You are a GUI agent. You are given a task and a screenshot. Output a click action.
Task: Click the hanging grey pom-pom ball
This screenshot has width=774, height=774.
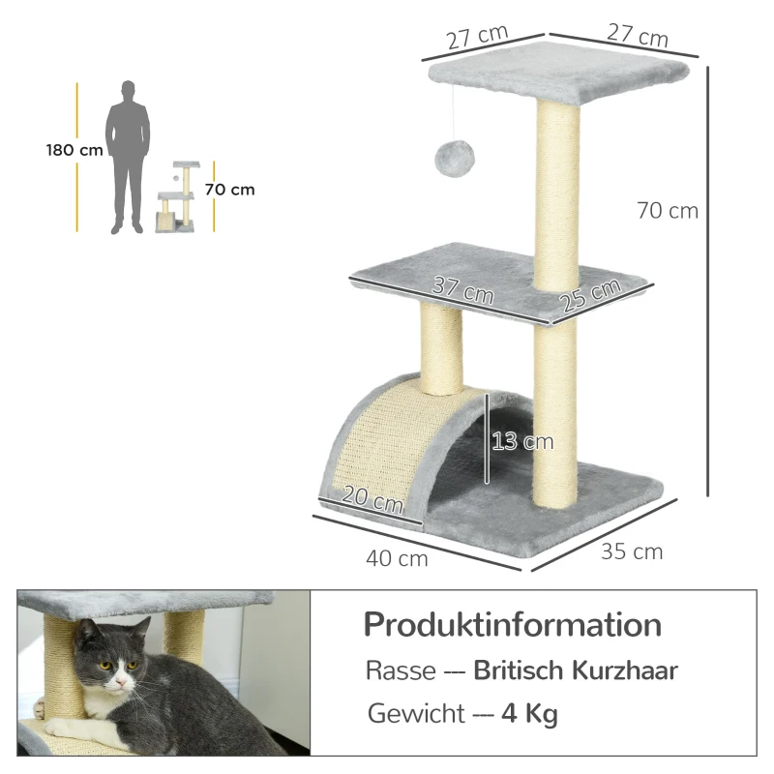click(450, 158)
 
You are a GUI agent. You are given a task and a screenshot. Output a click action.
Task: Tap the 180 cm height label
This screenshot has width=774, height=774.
click(74, 150)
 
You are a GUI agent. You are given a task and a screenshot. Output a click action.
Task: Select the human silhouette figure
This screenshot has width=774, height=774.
click(130, 158)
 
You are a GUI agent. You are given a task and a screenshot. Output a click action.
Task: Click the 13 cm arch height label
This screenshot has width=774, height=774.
click(522, 441)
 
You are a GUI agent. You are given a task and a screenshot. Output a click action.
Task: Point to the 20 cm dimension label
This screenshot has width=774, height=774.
click(373, 501)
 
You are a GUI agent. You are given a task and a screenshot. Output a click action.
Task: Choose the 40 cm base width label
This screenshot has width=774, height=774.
click(397, 558)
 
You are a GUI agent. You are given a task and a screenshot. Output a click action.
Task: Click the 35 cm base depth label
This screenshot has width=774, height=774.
click(632, 551)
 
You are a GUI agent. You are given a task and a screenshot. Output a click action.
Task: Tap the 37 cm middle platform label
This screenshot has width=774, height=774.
click(462, 288)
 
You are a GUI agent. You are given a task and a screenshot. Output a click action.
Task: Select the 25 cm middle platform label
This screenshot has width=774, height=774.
click(590, 294)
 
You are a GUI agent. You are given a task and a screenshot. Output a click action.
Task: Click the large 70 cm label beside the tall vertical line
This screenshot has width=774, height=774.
click(668, 210)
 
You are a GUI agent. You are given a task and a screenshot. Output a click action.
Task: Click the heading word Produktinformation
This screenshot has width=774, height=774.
click(512, 624)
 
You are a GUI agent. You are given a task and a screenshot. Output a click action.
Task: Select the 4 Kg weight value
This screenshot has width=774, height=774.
click(529, 715)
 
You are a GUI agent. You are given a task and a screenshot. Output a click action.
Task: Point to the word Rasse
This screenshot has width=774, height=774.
click(394, 670)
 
